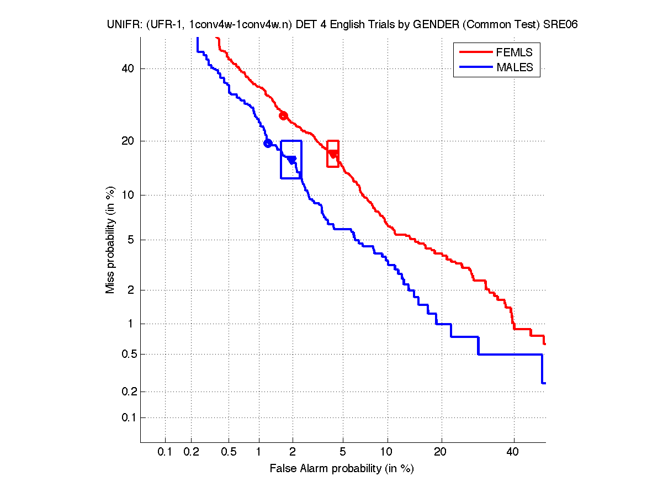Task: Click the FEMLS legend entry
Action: click(514, 52)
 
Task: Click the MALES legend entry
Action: click(514, 67)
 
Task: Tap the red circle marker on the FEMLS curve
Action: click(283, 115)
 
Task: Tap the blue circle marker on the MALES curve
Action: click(268, 144)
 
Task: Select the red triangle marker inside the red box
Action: click(333, 154)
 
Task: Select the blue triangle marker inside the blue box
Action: click(291, 160)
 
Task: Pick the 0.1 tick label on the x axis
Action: click(165, 452)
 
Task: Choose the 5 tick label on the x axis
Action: click(343, 452)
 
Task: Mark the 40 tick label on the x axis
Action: click(513, 452)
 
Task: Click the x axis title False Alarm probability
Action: click(341, 469)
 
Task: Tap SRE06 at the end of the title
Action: click(562, 25)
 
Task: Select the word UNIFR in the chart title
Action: click(123, 25)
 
